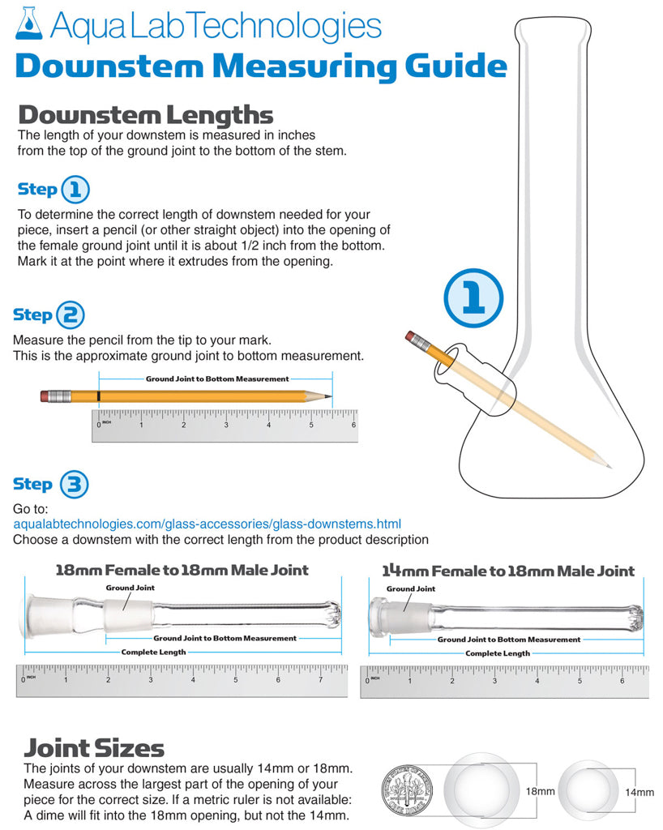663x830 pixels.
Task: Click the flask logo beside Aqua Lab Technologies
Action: [28, 24]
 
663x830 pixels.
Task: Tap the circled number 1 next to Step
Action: [75, 190]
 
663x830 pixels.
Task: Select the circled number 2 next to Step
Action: [70, 315]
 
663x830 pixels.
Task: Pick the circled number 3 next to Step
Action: [74, 485]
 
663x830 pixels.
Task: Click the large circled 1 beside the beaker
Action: [473, 297]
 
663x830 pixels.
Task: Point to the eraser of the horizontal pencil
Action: [48, 396]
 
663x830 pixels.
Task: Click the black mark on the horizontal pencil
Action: [98, 396]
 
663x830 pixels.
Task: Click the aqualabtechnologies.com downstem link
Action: [207, 524]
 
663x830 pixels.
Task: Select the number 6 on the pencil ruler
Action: [353, 425]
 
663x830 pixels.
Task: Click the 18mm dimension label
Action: [541, 791]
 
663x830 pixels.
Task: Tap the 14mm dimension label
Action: [639, 792]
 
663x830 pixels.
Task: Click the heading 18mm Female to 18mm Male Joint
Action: [182, 570]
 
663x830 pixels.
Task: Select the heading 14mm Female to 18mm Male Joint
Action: [508, 571]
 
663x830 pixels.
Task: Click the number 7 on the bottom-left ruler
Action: [320, 680]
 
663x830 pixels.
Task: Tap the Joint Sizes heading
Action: [94, 748]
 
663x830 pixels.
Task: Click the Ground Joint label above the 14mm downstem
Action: [411, 588]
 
